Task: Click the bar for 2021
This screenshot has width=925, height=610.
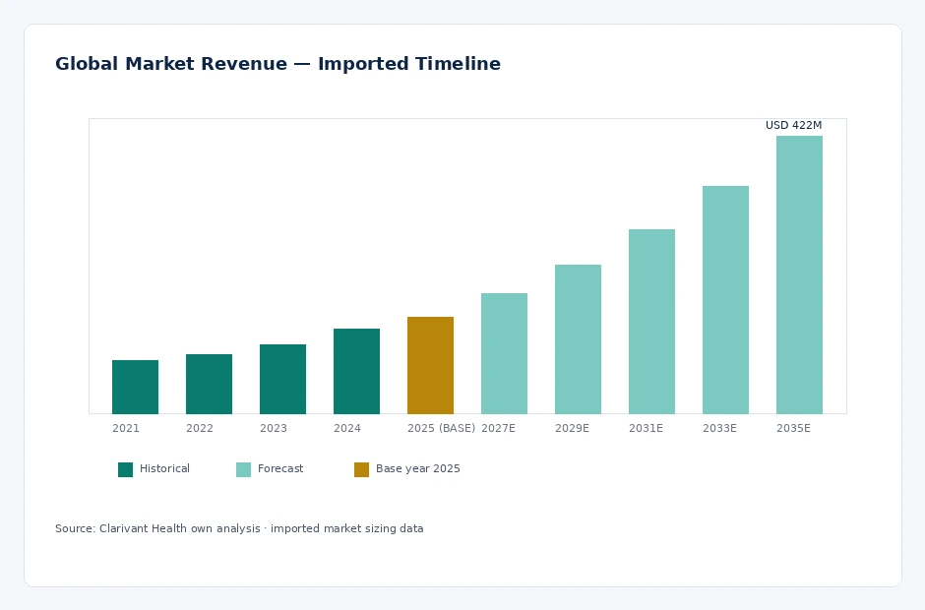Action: coord(135,387)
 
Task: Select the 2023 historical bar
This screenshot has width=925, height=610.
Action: coord(282,380)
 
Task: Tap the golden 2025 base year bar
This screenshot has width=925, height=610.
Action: coord(430,365)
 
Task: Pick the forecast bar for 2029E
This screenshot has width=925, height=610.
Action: coord(579,339)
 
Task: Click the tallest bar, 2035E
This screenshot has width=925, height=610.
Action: coord(799,274)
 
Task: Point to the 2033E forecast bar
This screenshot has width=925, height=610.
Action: coord(725,300)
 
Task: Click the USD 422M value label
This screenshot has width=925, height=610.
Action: coord(793,125)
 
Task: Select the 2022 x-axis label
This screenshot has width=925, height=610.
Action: coord(200,428)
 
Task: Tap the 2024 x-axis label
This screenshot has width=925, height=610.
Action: coord(346,428)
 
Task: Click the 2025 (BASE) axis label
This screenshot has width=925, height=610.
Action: coord(441,428)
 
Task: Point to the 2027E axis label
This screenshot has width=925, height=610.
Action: coord(499,428)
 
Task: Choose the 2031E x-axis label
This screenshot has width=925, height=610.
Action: coord(646,428)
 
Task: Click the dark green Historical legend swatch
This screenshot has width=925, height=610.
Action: coord(126,469)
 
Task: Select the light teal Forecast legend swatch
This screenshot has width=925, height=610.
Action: coord(244,469)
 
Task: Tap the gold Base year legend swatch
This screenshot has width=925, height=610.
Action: coord(361,469)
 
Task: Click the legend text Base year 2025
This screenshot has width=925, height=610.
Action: coord(417,469)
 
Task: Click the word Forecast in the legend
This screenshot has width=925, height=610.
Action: coord(280,469)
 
